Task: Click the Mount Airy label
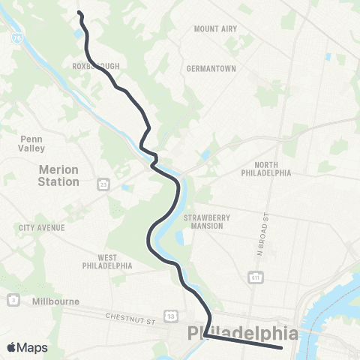click(215, 28)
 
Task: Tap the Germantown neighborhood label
click(211, 68)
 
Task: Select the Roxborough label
click(97, 66)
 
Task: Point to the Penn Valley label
click(32, 143)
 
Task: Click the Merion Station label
click(58, 175)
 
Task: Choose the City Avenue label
click(42, 227)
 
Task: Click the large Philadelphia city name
click(243, 332)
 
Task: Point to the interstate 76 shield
click(16, 35)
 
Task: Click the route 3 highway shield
click(13, 300)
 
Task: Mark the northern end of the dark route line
click(79, 12)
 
